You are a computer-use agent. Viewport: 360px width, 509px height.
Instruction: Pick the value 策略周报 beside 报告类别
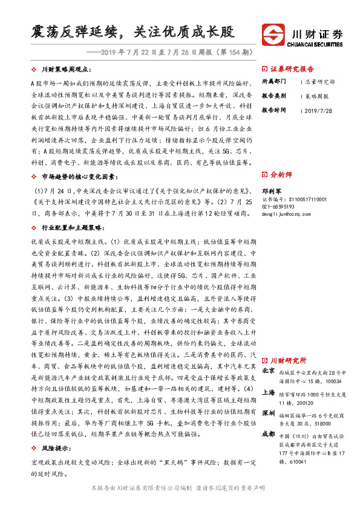coord(318,96)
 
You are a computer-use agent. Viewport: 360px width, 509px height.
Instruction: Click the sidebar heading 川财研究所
coord(289,359)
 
